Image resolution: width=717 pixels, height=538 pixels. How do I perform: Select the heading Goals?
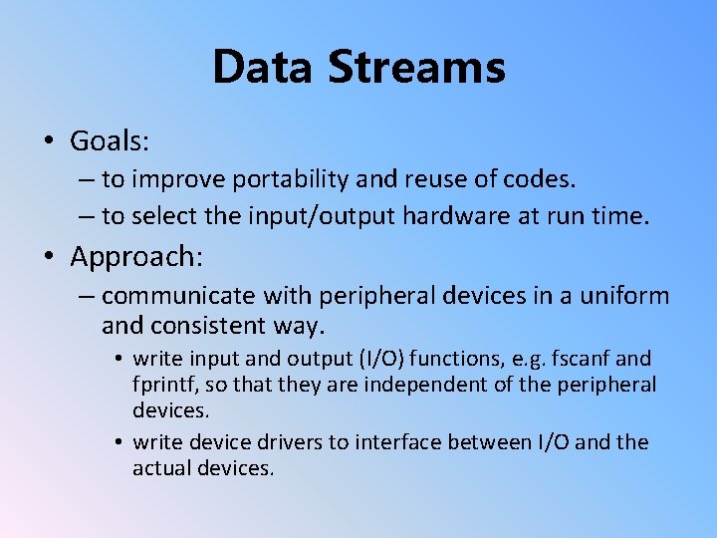coord(110,141)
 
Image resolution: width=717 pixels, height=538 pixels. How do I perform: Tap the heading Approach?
coord(136,257)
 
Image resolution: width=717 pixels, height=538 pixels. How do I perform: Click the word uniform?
coord(628,296)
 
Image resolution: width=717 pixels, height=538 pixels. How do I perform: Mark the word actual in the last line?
coord(162,467)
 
